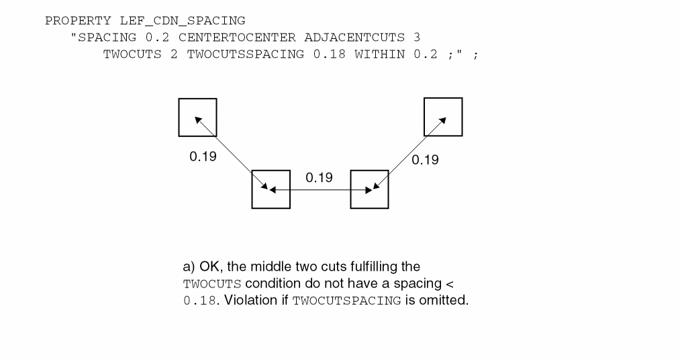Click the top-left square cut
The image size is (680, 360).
click(198, 118)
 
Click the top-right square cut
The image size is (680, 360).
click(443, 117)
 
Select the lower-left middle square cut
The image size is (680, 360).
click(271, 189)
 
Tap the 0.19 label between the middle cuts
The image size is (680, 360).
click(319, 178)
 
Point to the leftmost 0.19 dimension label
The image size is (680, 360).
click(203, 159)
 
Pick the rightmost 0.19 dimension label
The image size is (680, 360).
click(424, 160)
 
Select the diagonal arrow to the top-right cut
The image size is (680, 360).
click(408, 153)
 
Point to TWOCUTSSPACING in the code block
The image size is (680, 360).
click(246, 55)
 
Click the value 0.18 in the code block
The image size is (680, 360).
click(329, 55)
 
